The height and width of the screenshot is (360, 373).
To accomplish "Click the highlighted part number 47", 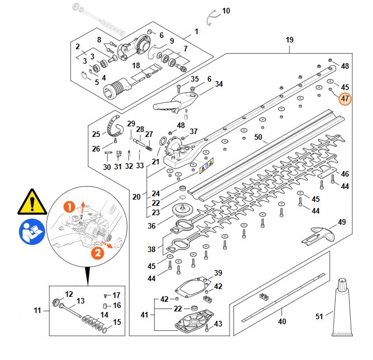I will (345, 99).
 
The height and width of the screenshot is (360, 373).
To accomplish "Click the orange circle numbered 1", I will (69, 207).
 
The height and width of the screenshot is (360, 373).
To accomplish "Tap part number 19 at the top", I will (289, 40).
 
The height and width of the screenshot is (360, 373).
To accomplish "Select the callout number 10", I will (226, 11).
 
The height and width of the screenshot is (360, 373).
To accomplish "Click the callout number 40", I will (282, 321).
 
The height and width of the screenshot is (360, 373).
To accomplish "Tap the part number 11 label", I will (37, 310).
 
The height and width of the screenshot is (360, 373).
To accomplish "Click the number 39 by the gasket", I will (218, 273).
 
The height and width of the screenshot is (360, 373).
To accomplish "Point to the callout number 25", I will (96, 134).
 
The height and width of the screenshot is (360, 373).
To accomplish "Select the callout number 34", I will (219, 84).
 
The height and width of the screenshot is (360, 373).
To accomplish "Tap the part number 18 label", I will (136, 65).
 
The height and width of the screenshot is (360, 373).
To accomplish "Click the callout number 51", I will (319, 316).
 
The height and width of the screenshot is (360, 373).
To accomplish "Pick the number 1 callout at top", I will (196, 31).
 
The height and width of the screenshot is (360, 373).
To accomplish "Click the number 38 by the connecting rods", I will (151, 249).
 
